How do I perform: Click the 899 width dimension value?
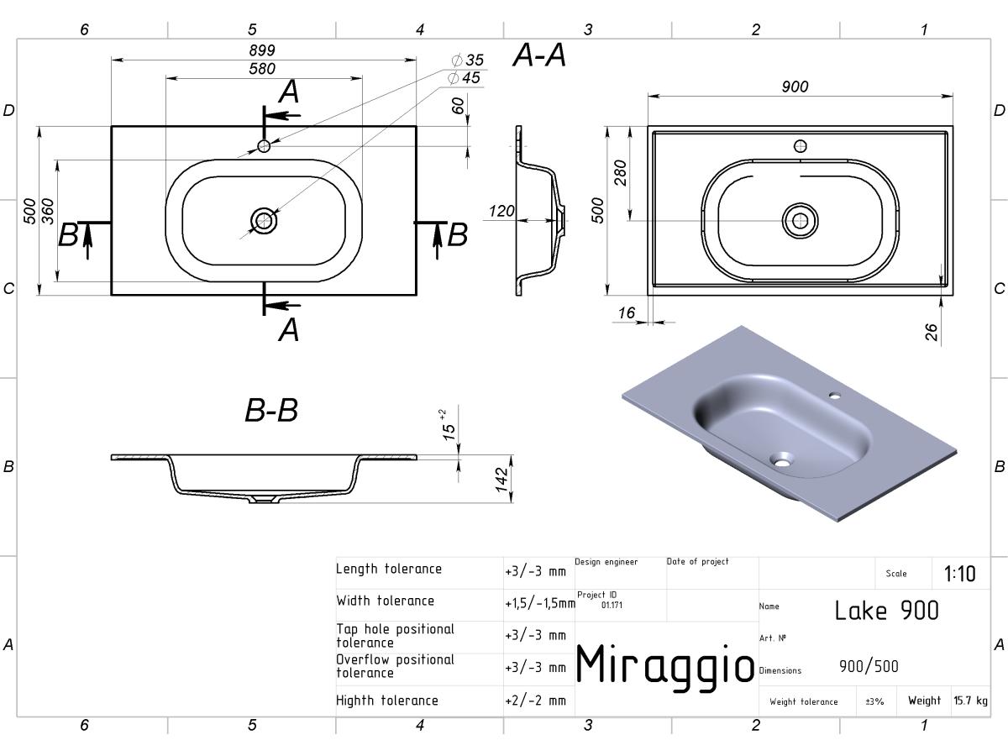(x=262, y=50)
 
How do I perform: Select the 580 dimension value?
(x=262, y=69)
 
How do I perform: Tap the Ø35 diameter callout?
(x=468, y=60)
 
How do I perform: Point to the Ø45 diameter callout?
(x=464, y=77)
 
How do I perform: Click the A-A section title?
(x=539, y=55)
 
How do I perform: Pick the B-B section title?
(x=271, y=410)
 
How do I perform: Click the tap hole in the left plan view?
(x=264, y=146)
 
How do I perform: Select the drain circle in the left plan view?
(x=264, y=220)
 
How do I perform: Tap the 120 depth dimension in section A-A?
(x=501, y=211)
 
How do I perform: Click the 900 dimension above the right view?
(x=795, y=87)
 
